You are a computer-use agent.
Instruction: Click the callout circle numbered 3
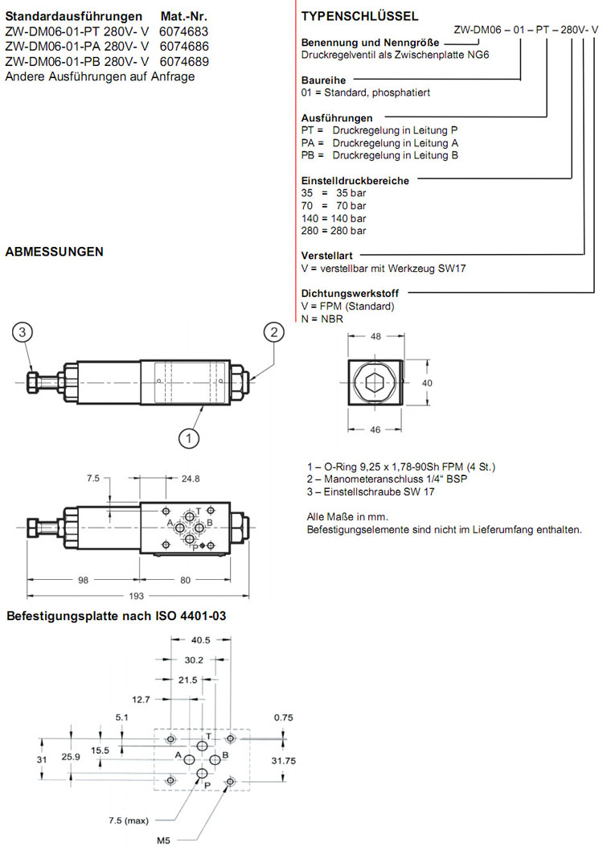23,332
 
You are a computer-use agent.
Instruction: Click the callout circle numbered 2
274,332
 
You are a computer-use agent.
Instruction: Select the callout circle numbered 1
188,438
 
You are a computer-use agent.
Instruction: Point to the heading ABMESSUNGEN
54,252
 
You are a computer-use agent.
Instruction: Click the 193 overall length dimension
136,595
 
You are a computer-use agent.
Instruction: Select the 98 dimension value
83,578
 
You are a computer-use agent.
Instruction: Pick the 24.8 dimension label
191,479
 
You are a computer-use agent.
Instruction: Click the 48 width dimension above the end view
375,338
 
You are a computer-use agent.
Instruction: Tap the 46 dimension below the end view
375,430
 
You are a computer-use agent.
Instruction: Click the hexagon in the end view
375,383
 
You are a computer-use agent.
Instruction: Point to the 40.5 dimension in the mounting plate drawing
200,641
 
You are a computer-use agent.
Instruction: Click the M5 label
163,841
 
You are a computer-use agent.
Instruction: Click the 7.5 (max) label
130,820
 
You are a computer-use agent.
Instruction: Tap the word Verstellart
326,256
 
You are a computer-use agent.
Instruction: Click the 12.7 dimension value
142,699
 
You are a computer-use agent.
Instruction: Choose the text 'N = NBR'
322,319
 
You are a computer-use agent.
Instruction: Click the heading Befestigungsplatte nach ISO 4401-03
113,617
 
